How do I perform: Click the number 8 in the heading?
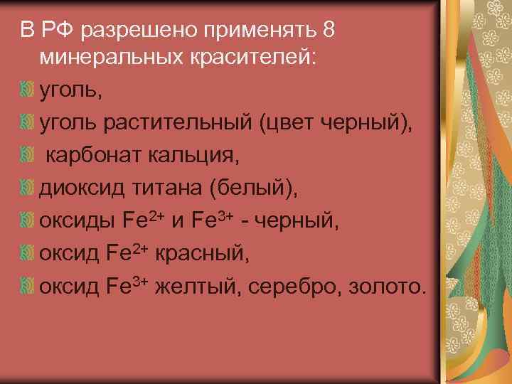327,30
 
